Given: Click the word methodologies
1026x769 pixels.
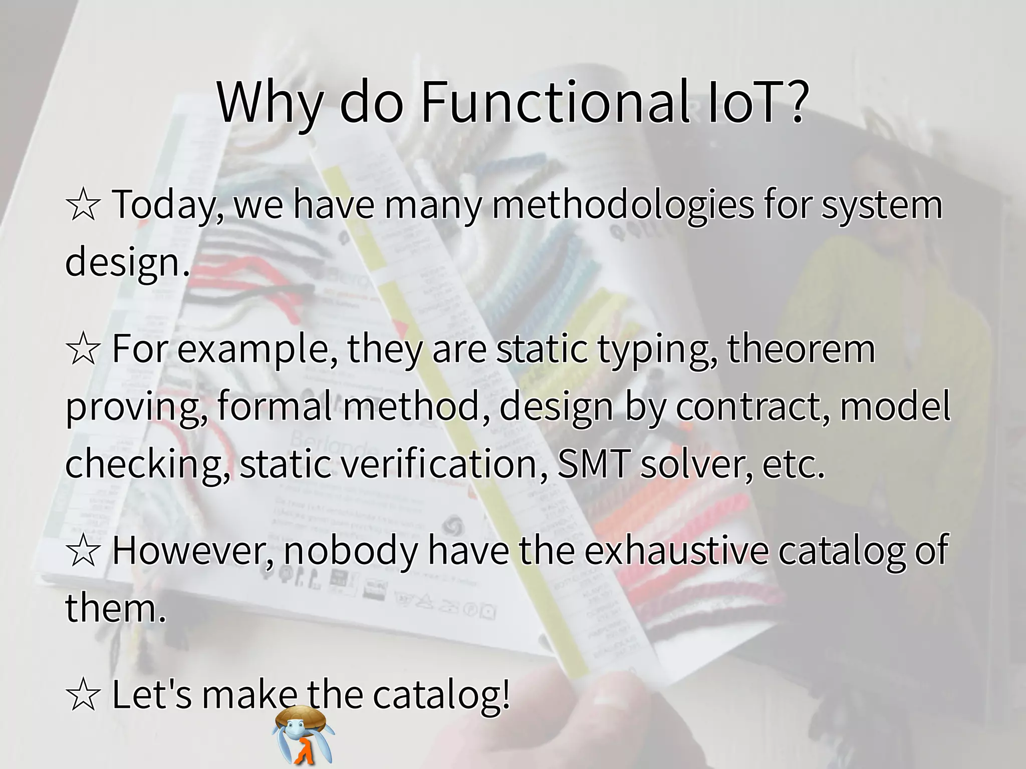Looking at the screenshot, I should [623, 205].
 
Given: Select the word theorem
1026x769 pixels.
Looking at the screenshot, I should [801, 349].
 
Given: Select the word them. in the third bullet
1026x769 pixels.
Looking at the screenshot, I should [115, 608].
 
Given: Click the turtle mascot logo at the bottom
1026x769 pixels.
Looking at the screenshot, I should [303, 735].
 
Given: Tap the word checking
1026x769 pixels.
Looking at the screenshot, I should [146, 464].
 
